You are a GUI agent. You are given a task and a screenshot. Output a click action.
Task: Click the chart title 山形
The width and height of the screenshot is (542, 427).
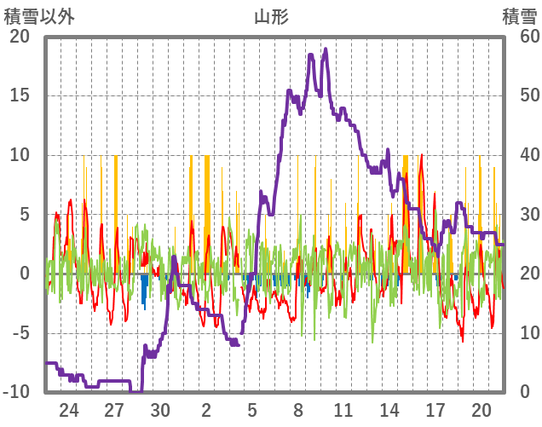271,16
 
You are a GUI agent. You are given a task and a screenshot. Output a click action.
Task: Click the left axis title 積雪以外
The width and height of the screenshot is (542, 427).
39,16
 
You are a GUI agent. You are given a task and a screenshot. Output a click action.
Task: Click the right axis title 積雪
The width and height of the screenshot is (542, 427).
519,16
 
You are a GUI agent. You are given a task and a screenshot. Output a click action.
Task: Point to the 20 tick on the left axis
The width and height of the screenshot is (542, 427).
19,37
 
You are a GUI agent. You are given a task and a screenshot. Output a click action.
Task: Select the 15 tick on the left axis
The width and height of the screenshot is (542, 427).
19,95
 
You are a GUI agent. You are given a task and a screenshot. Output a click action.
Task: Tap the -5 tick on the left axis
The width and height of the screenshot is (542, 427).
19,333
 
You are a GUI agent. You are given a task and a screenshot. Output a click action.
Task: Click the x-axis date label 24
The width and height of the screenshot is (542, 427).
69,410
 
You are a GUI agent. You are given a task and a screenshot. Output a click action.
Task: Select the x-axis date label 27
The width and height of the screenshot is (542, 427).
115,410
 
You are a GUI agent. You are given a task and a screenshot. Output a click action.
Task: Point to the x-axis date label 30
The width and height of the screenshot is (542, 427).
161,410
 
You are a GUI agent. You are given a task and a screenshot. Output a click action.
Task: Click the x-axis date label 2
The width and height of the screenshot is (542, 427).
206,410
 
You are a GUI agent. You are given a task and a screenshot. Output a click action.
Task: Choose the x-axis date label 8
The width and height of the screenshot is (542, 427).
298,410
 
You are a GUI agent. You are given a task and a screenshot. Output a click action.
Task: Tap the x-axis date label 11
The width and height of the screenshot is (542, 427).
344,410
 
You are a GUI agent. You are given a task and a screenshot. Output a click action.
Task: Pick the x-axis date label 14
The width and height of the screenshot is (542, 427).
389,410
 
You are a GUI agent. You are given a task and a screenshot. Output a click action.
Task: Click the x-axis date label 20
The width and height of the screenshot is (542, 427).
481,410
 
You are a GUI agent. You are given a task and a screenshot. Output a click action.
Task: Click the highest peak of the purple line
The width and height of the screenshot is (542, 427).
326,49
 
